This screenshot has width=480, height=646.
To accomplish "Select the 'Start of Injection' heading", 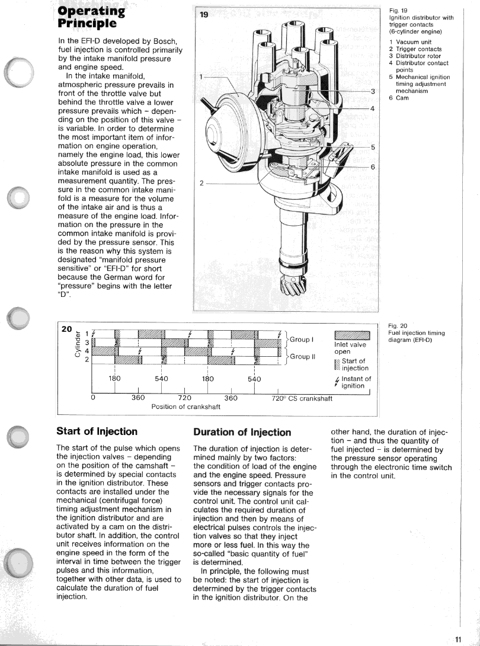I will pyautogui.click(x=97, y=431).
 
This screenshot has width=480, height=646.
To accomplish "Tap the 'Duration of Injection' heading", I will pyautogui.click(x=242, y=432).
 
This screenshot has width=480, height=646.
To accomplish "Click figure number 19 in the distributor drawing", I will pyautogui.click(x=203, y=15).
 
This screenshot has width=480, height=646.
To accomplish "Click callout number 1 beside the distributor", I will pyautogui.click(x=201, y=76).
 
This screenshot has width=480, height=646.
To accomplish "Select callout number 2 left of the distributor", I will pyautogui.click(x=201, y=183).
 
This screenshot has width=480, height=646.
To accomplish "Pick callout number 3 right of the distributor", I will pyautogui.click(x=373, y=91).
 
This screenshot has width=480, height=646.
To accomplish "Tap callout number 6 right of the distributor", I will pyautogui.click(x=373, y=167).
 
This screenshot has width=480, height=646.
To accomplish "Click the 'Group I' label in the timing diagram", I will pyautogui.click(x=301, y=339).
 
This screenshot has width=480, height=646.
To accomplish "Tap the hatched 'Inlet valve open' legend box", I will pyautogui.click(x=352, y=335).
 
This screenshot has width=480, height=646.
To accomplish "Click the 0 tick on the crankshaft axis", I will pyautogui.click(x=93, y=398).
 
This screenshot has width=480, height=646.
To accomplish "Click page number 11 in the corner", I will pyautogui.click(x=459, y=639).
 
